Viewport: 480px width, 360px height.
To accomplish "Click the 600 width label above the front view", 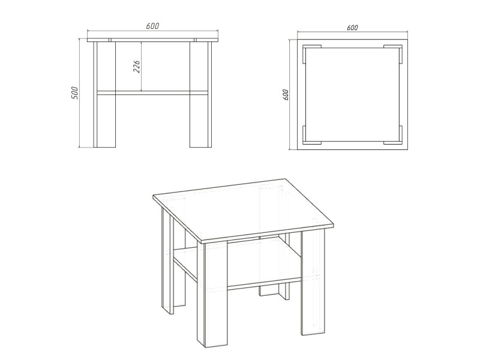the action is tap(152, 26).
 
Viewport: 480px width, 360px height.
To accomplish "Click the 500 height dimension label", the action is tap(74, 93).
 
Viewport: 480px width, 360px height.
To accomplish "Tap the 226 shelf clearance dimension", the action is tap(137, 67).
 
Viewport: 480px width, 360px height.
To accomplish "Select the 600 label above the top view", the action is tap(352, 28).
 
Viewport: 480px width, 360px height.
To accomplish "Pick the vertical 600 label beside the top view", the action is tap(286, 95).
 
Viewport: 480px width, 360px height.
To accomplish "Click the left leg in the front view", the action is tap(104, 94).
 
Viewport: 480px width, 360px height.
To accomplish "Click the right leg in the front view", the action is tap(200, 94).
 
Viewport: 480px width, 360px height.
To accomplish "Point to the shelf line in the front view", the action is tap(152, 93).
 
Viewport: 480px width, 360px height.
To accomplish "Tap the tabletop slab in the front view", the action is tap(153, 40).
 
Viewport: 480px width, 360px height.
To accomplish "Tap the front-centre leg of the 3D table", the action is tap(213, 294).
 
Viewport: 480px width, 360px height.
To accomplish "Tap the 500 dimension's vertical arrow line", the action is tap(79, 93).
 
